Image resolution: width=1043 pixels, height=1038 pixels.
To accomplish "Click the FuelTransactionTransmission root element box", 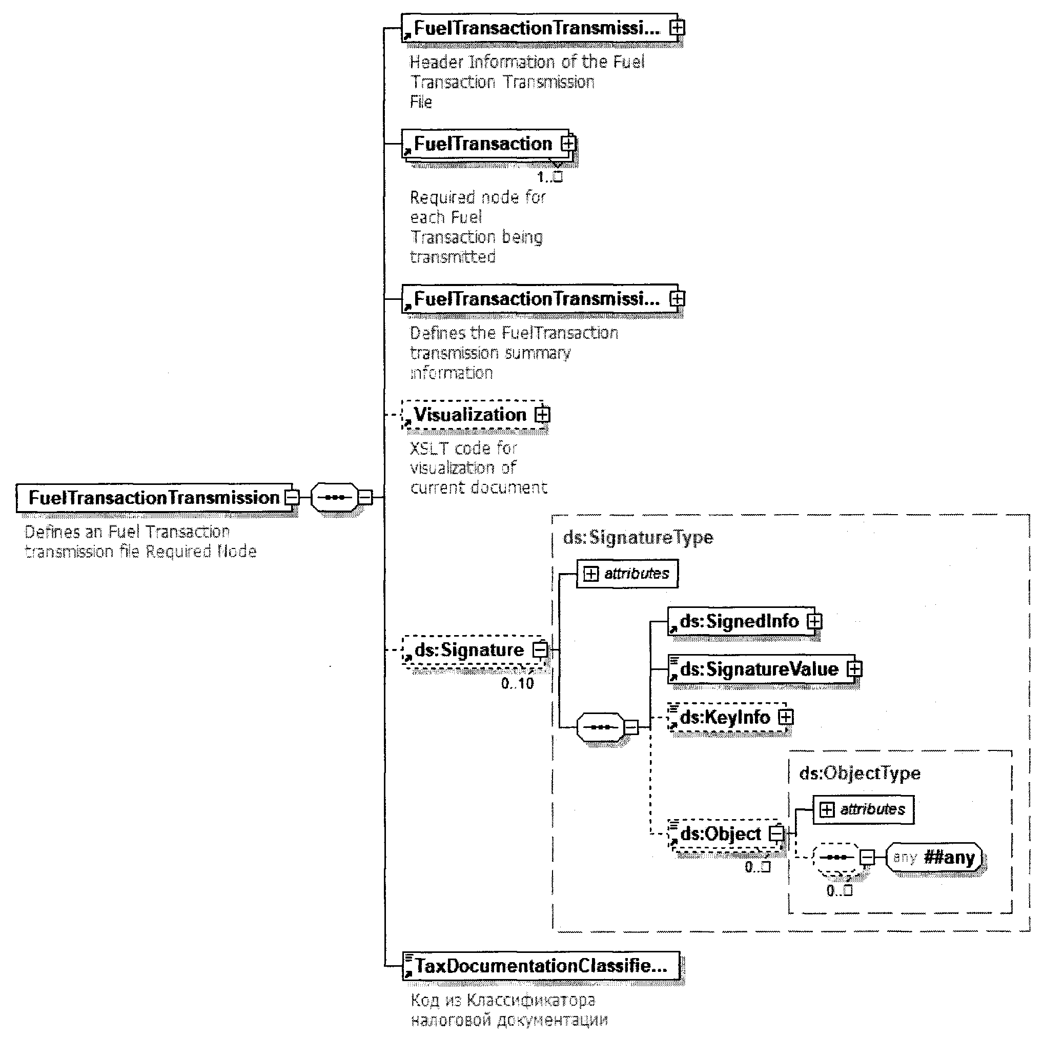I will (x=154, y=498).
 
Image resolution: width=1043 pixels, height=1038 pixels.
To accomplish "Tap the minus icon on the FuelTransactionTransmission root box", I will (x=292, y=497).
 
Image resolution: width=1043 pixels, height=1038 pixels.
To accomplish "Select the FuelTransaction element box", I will (x=483, y=144).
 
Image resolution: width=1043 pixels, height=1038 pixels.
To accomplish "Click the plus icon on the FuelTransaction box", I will (x=568, y=144).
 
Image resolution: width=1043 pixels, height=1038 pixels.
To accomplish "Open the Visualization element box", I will (x=469, y=415).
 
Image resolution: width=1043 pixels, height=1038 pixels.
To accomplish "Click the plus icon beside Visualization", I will (x=542, y=415).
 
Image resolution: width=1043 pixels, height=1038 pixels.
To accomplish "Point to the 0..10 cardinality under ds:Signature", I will (x=517, y=683).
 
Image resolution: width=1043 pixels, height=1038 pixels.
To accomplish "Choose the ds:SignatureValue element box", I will (x=759, y=669).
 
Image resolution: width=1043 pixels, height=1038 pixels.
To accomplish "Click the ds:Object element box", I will (x=720, y=834).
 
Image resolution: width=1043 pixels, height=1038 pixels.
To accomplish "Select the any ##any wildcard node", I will (x=934, y=857).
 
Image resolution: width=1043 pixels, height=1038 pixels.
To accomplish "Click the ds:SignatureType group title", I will (x=638, y=537).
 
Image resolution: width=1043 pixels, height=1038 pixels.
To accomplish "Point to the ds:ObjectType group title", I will (x=860, y=773).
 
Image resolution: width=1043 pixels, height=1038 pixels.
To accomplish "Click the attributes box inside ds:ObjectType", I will (x=863, y=809).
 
